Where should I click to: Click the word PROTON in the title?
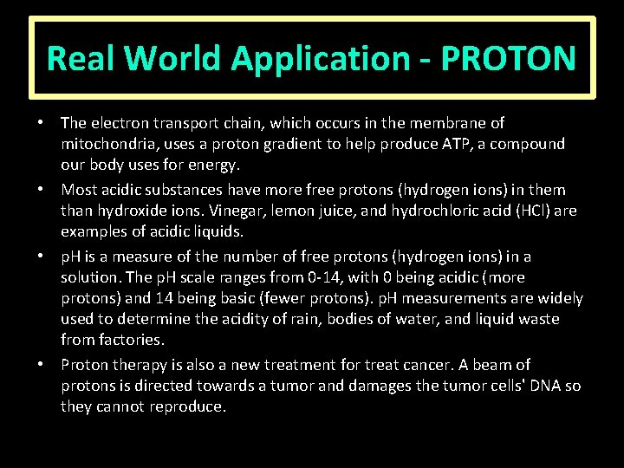[508, 59]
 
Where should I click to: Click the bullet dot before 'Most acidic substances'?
[49, 190]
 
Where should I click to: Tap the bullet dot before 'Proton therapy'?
[49, 365]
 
